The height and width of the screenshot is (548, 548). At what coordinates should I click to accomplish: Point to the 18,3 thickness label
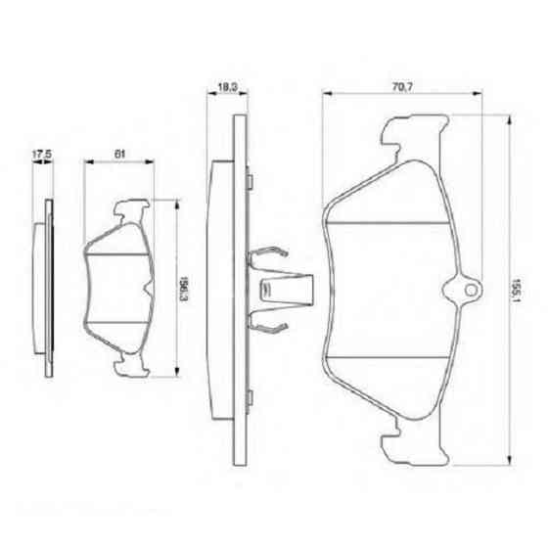(x=226, y=88)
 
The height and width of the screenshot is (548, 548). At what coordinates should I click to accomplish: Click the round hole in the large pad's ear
(x=467, y=290)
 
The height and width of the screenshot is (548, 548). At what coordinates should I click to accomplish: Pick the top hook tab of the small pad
(x=132, y=208)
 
